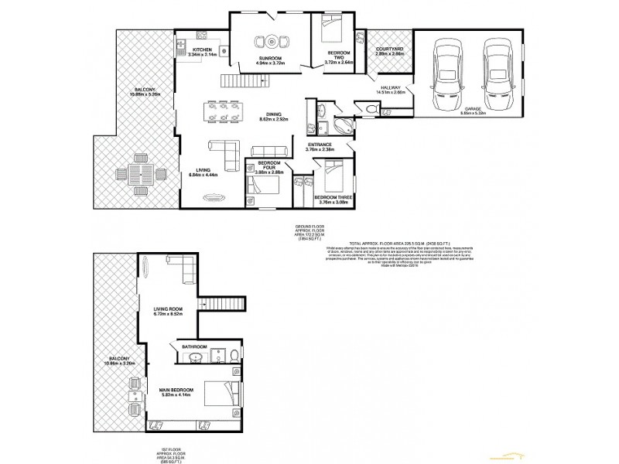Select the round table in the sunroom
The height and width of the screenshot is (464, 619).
272,41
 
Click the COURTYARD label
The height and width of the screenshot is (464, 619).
390,49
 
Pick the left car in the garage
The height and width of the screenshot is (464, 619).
448,76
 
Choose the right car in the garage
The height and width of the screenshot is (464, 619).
498,76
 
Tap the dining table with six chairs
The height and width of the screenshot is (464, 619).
223,111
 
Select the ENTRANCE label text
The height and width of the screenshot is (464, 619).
320,145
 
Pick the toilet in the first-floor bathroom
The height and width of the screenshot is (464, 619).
234,355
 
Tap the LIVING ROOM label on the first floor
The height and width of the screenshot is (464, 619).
167,309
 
